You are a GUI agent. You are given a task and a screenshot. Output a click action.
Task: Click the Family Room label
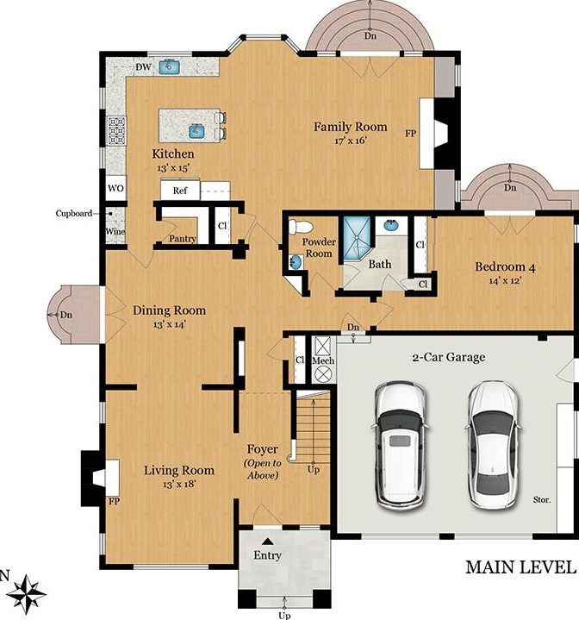click(x=351, y=127)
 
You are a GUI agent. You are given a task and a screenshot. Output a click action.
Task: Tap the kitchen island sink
click(x=196, y=131)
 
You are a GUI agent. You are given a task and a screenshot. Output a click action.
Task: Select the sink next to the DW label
click(x=170, y=66)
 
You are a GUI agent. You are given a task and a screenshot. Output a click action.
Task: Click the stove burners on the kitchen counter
click(x=117, y=130)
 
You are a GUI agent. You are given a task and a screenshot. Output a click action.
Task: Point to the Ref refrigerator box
click(x=180, y=191)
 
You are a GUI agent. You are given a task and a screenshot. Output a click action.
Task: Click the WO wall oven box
click(x=115, y=189)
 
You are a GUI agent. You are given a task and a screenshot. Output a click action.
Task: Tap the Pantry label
click(x=183, y=239)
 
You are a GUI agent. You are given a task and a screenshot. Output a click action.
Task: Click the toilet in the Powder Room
click(x=300, y=227)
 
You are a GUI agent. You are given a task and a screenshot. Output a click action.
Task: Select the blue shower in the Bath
click(x=357, y=238)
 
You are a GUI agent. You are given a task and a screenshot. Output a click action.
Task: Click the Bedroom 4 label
click(x=505, y=267)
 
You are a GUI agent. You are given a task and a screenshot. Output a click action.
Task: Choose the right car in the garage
click(x=493, y=445)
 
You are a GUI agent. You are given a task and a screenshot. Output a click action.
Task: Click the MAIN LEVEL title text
click(x=520, y=567)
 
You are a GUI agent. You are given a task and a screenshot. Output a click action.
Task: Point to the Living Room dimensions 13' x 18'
click(x=179, y=484)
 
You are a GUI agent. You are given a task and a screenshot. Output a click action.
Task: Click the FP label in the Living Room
click(x=114, y=502)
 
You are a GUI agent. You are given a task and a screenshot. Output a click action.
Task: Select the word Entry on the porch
click(x=267, y=555)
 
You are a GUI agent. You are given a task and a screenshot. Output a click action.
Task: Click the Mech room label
click(x=323, y=360)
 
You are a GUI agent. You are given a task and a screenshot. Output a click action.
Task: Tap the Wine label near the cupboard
click(x=115, y=231)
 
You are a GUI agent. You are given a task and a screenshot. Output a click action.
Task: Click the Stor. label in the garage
click(x=542, y=500)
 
